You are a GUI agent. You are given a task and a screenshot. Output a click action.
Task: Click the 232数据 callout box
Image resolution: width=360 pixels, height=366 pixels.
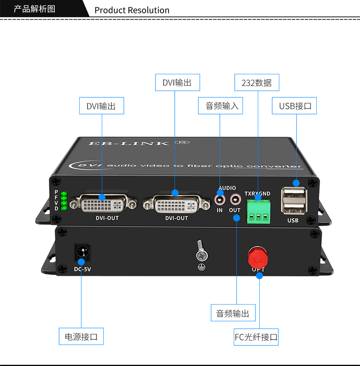pyautogui.click(x=257, y=83)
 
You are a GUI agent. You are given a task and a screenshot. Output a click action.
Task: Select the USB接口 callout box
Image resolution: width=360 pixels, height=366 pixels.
pyautogui.click(x=294, y=106)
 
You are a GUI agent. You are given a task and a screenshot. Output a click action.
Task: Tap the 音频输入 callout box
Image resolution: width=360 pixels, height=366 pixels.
pyautogui.click(x=220, y=106)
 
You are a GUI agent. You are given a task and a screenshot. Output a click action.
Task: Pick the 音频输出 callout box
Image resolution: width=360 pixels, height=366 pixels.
pyautogui.click(x=233, y=313)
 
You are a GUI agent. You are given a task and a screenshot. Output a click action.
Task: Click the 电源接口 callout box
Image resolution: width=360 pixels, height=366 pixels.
pyautogui.click(x=81, y=336)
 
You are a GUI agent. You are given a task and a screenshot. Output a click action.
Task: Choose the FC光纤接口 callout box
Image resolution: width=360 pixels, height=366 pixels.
pyautogui.click(x=256, y=337)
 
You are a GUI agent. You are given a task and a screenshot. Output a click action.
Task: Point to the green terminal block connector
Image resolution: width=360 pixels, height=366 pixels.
pyautogui.click(x=258, y=212)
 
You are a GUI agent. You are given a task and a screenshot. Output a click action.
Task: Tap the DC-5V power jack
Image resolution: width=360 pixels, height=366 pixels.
pyautogui.click(x=83, y=252)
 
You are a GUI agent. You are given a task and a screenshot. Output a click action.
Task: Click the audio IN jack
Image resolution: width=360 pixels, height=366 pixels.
pyautogui.click(x=220, y=200)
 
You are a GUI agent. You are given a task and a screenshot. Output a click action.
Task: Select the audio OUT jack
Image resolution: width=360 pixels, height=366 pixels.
pyautogui.click(x=236, y=200)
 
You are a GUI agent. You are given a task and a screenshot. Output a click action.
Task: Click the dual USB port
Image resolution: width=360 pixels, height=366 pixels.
pyautogui.click(x=294, y=201)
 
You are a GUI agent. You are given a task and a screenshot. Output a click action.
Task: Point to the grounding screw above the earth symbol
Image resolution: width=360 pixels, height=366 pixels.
pyautogui.click(x=202, y=251)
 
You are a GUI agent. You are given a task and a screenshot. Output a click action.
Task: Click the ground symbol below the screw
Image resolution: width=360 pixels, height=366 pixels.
pyautogui.click(x=202, y=267)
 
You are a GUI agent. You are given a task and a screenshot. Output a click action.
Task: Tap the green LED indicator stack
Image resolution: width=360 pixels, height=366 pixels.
pyautogui.click(x=64, y=201)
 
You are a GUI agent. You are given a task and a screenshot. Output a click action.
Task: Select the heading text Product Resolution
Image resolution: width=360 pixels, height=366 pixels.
pyautogui.click(x=132, y=10)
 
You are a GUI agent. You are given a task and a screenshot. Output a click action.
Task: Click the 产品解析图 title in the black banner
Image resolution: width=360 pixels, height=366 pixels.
pyautogui.click(x=35, y=9)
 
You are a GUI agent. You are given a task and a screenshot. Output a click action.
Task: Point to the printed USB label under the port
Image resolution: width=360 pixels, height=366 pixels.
pyautogui.click(x=293, y=220)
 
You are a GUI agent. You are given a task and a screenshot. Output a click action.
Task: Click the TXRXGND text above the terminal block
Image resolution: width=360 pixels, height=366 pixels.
pyautogui.click(x=257, y=193)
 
